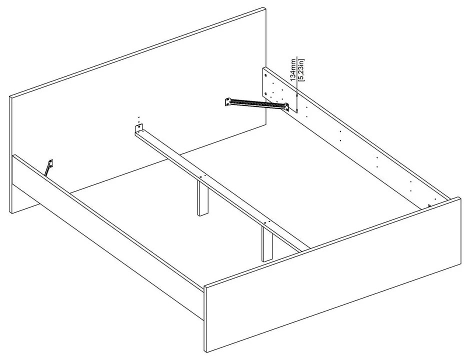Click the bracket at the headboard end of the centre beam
tap(139, 128)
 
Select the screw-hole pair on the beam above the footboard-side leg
tap(266, 221)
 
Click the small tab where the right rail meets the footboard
tap(429, 205)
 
